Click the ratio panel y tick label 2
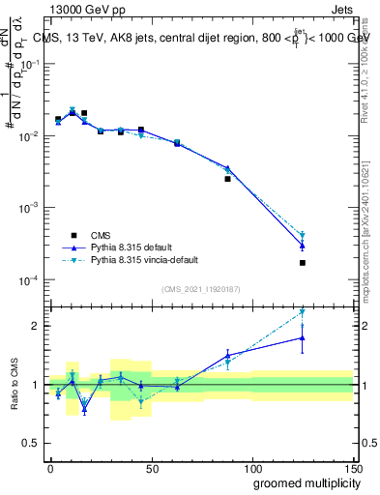[35, 326]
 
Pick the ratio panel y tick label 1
[35, 385]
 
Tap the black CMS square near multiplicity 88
[228, 179]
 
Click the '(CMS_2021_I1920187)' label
[200, 289]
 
